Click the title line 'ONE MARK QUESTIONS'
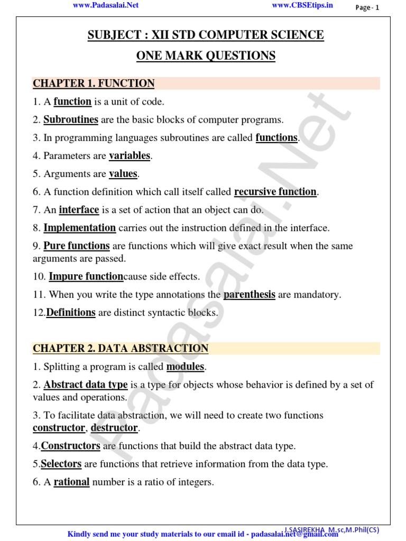tap(206, 55)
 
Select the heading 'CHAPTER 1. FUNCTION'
tap(94, 83)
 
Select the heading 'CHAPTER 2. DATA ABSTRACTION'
tap(121, 348)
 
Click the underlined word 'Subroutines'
tap(71, 119)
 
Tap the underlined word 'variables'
tap(130, 156)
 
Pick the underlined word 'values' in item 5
tap(123, 174)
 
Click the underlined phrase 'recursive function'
tap(275, 192)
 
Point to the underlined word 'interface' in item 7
tap(79, 210)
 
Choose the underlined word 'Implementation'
tap(79, 228)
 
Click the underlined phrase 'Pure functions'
tap(77, 246)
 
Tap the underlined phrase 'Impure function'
tap(86, 276)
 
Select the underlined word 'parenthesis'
tap(250, 294)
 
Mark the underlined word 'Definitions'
tap(71, 312)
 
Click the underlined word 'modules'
tap(185, 366)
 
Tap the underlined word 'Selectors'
tap(61, 464)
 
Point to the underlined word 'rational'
tap(71, 482)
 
